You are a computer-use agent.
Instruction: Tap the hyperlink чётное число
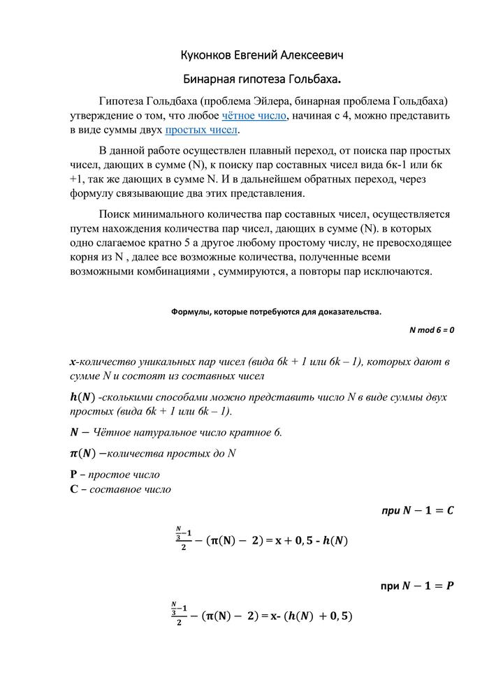click(x=254, y=115)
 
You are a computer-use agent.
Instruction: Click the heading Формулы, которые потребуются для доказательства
click(x=277, y=312)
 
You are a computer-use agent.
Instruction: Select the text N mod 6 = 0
click(x=432, y=330)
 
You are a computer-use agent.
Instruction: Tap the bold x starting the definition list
click(x=73, y=362)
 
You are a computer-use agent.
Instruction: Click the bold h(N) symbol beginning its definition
click(x=80, y=396)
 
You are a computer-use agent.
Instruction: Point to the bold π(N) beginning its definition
click(x=80, y=453)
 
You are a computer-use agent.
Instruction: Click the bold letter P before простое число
click(x=73, y=475)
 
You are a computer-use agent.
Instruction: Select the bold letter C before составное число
click(x=73, y=489)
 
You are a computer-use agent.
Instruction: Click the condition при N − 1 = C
click(x=417, y=511)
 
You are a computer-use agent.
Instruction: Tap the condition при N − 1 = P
click(x=417, y=585)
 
